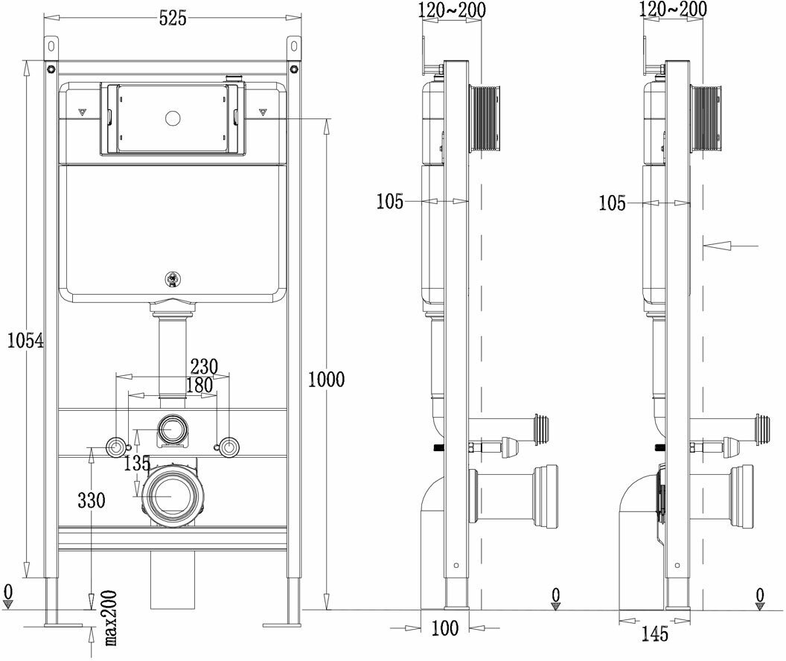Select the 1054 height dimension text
coord(25,340)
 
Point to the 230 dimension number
coord(203,367)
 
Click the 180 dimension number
coord(199,386)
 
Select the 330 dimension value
coord(92,499)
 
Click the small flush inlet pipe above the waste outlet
coord(173,429)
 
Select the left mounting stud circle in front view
coord(117,447)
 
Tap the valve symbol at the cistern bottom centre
coord(173,281)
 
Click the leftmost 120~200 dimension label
coord(453,9)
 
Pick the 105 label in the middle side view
coord(390,201)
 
